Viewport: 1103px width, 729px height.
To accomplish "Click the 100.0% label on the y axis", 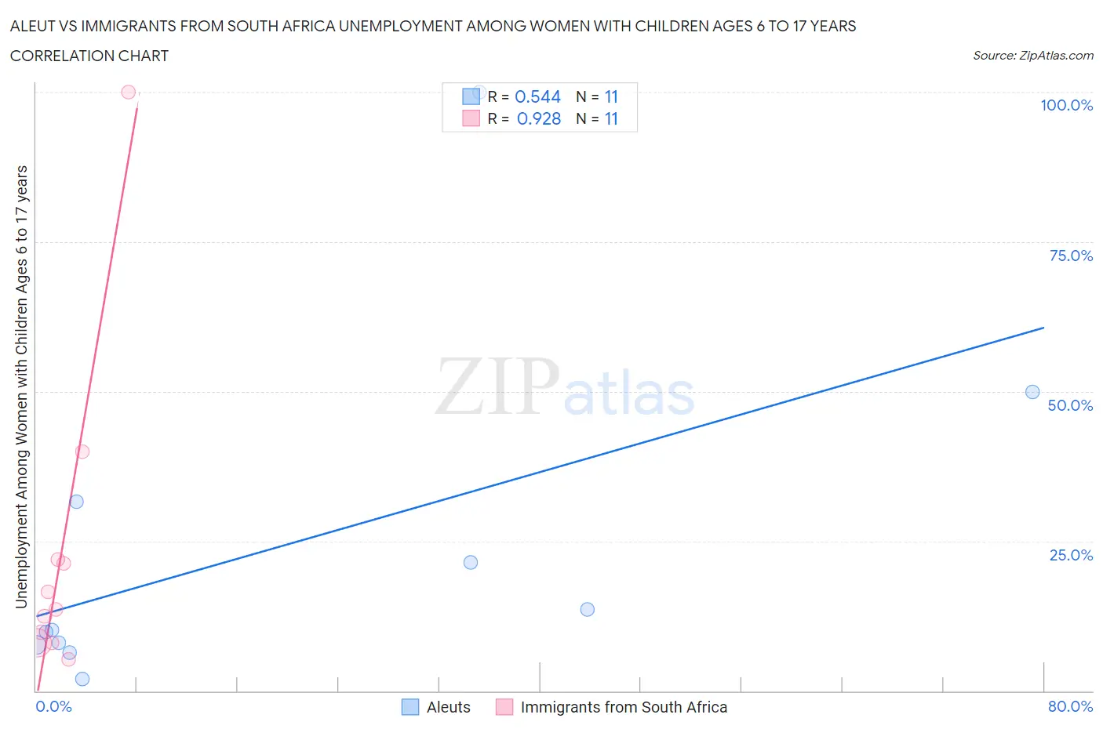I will (x=1066, y=105).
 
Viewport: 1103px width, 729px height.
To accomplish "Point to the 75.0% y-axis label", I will (x=1071, y=256).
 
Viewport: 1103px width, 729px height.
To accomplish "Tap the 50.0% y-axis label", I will (x=1070, y=405).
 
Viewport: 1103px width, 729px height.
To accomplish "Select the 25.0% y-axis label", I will (x=1071, y=555).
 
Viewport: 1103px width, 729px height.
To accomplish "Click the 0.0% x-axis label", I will (x=53, y=706).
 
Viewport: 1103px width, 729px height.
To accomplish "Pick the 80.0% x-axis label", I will (x=1070, y=706).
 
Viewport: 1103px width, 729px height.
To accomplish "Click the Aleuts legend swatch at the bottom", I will (x=410, y=707).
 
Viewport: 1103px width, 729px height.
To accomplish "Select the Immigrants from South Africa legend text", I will (x=624, y=707).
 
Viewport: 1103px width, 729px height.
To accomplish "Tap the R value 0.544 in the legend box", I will (x=537, y=96).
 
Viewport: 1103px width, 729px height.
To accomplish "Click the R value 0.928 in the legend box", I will (x=539, y=118).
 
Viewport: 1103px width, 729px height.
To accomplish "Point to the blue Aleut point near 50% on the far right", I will (x=1032, y=392).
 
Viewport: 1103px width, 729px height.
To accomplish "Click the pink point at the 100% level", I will (x=129, y=92).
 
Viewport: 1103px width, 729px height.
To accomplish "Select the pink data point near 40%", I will (x=82, y=452).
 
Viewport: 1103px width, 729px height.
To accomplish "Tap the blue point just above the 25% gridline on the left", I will (x=76, y=502).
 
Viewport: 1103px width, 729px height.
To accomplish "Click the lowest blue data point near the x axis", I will (x=82, y=679).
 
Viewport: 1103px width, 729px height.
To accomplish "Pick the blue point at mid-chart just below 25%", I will (x=471, y=562).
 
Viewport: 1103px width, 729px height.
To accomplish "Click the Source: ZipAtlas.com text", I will (x=1032, y=56).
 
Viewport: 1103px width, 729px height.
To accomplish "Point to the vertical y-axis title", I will (x=21, y=386).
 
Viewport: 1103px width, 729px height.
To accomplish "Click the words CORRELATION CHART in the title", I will (x=89, y=56).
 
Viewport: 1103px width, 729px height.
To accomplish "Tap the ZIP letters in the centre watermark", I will (x=497, y=386).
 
